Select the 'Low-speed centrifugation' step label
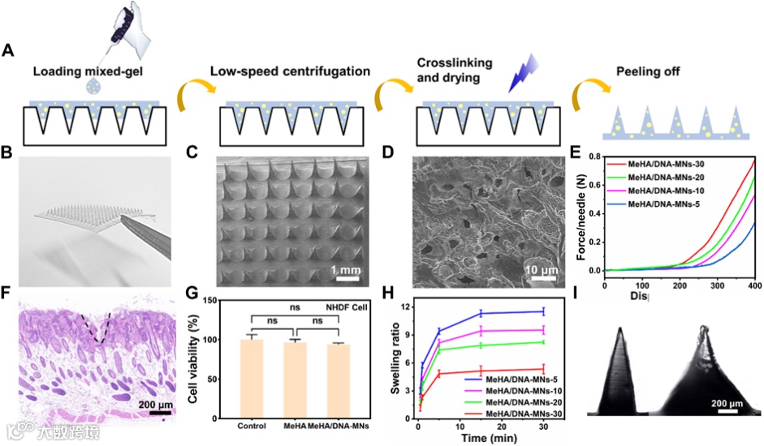283,71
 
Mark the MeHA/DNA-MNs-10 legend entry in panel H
514,389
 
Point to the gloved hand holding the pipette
135,24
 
